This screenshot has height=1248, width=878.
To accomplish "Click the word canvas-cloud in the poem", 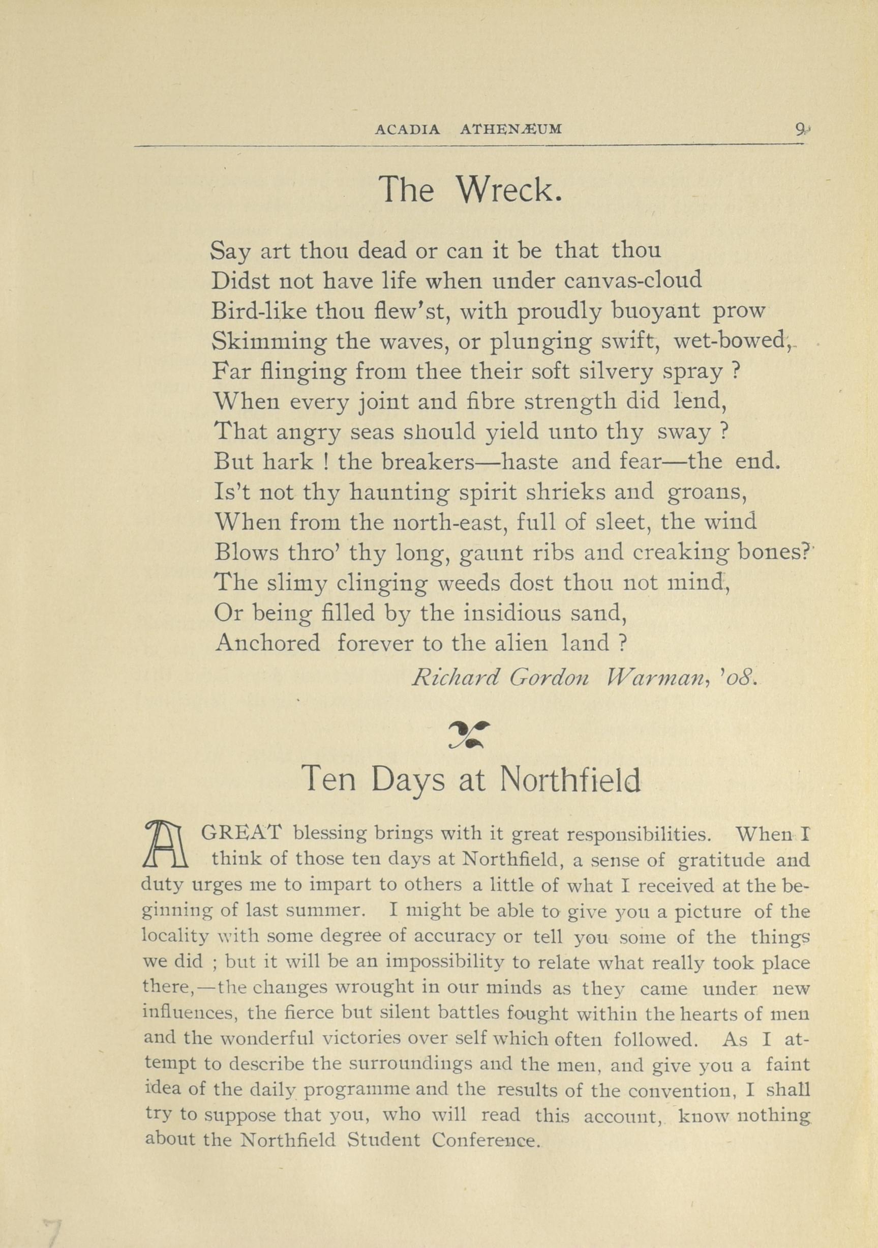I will tap(633, 280).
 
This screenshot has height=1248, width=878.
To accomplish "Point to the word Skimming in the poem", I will tap(268, 342).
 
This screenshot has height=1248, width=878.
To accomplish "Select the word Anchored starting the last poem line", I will tap(267, 644).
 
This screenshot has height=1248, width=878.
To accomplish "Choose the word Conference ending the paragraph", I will tap(485, 1140).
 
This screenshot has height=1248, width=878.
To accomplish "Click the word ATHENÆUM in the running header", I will tap(511, 129).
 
